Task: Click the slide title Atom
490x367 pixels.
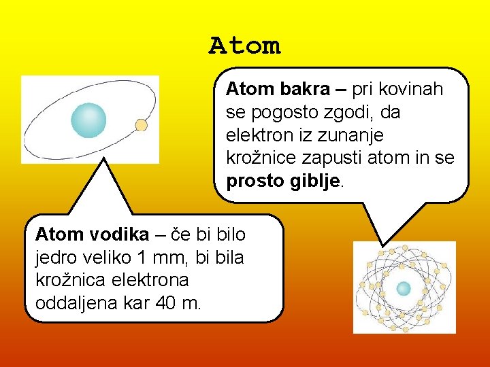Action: click(244, 46)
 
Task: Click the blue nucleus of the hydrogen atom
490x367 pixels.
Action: click(88, 120)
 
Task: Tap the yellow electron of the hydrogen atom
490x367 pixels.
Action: click(142, 125)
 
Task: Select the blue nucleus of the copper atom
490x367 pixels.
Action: click(404, 288)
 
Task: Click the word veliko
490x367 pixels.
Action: click(103, 258)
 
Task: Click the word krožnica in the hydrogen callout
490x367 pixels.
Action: click(65, 280)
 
